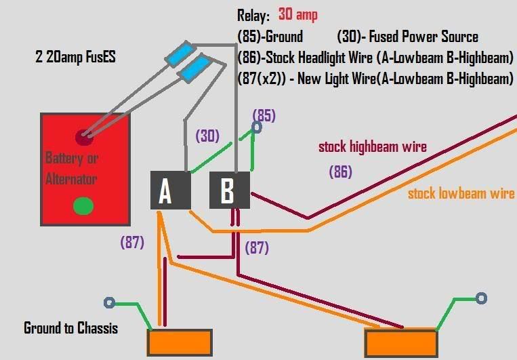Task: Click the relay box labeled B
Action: pyautogui.click(x=229, y=191)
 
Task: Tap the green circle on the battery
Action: pyautogui.click(x=83, y=205)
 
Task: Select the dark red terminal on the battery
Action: pyautogui.click(x=84, y=138)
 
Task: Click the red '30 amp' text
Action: pyautogui.click(x=297, y=15)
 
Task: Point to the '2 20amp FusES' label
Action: pyautogui.click(x=75, y=58)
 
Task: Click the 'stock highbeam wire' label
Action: pyautogui.click(x=372, y=146)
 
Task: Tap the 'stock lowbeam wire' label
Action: pyautogui.click(x=461, y=194)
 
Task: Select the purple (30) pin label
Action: pyautogui.click(x=207, y=136)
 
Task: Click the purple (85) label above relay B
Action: pyautogui.click(x=264, y=115)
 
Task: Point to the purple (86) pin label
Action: pyautogui.click(x=340, y=172)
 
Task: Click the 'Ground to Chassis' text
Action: pyautogui.click(x=70, y=329)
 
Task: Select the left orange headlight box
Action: pyautogui.click(x=180, y=342)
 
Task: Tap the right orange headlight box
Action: pyautogui.click(x=400, y=342)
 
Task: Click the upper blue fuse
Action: pyautogui.click(x=182, y=53)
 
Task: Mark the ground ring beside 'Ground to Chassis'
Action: pyautogui.click(x=108, y=303)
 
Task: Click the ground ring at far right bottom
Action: pyautogui.click(x=481, y=298)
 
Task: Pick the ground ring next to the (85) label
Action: pyautogui.click(x=257, y=127)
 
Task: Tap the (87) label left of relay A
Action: pyautogui.click(x=131, y=242)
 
